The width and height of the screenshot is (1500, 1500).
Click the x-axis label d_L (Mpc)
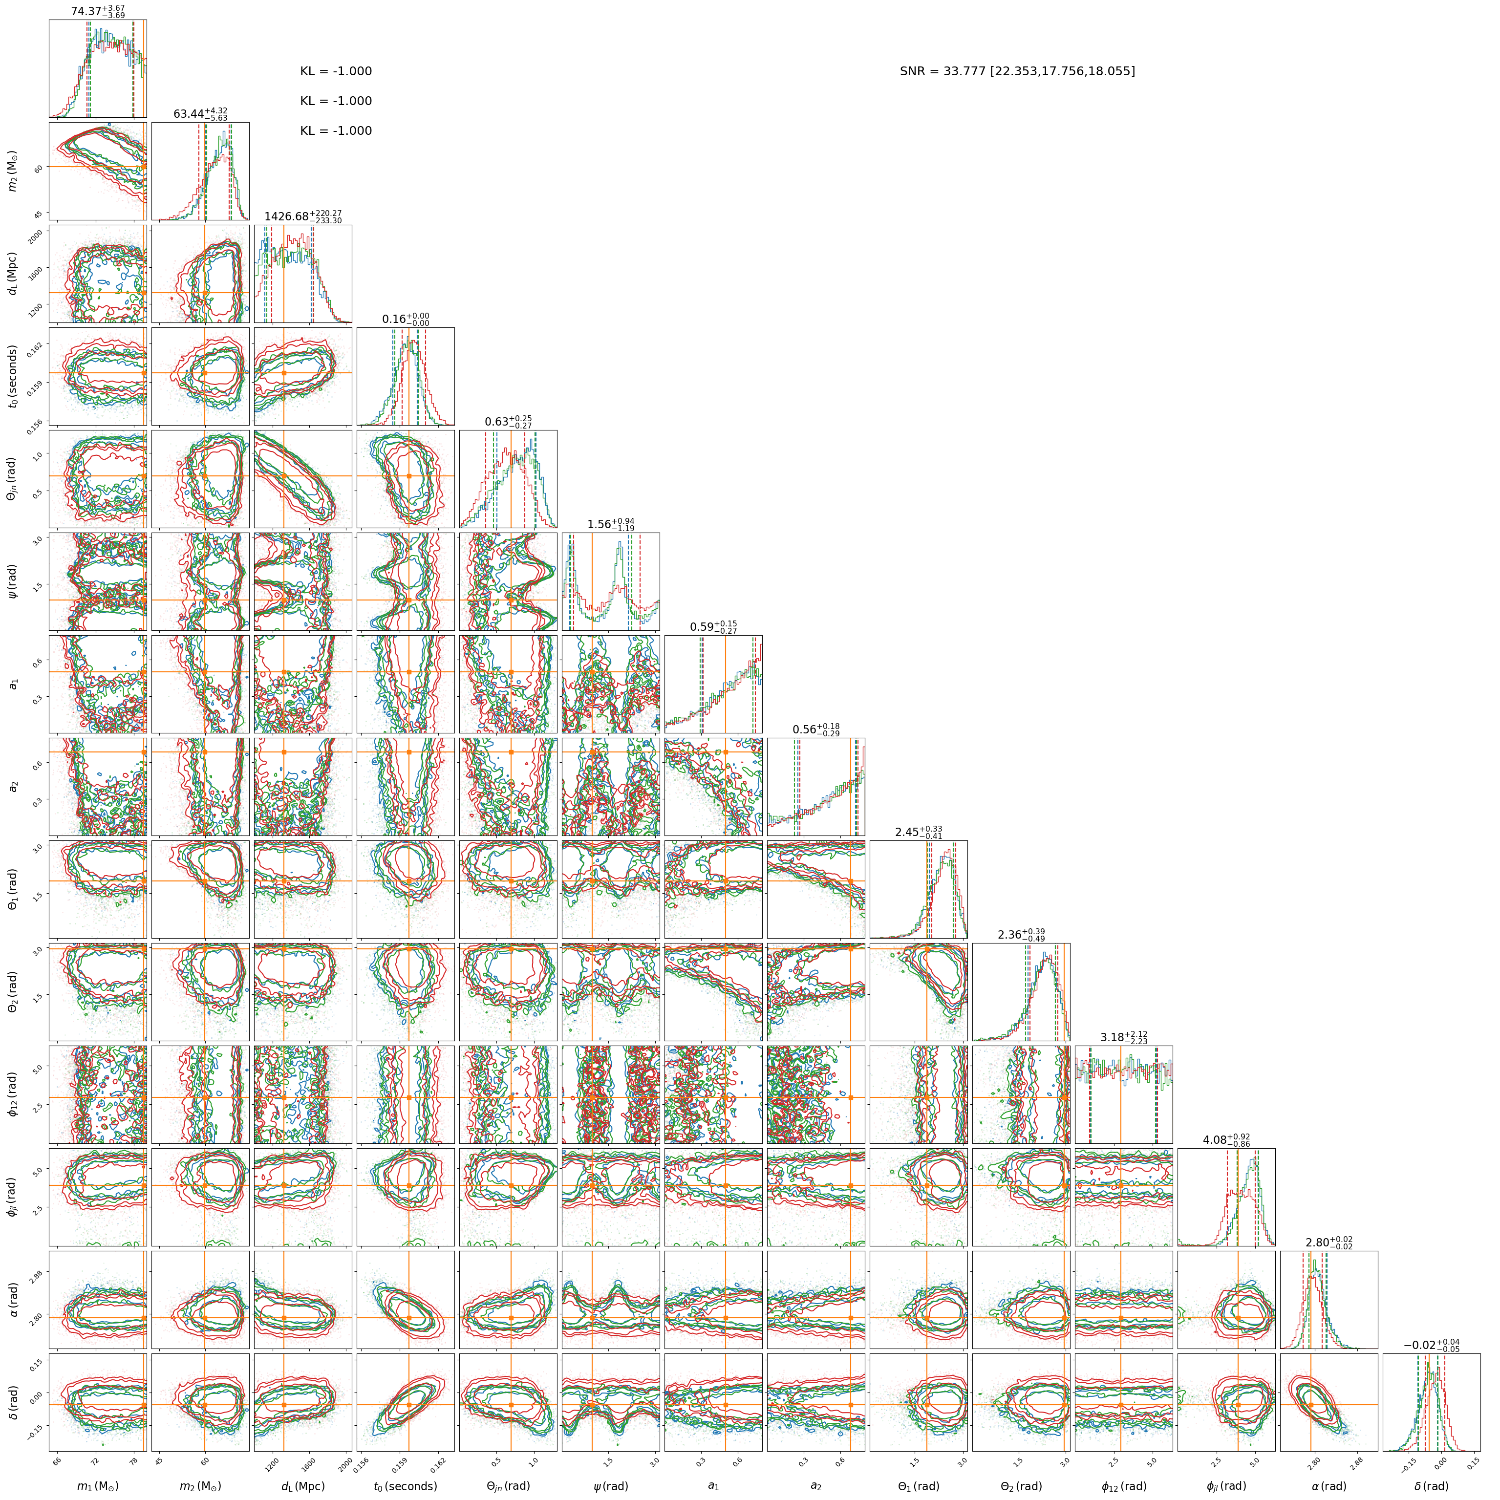[303, 1486]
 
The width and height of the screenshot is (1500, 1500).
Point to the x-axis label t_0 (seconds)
[405, 1486]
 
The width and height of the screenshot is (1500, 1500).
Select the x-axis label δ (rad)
[1431, 1486]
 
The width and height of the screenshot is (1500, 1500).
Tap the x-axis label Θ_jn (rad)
[508, 1486]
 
